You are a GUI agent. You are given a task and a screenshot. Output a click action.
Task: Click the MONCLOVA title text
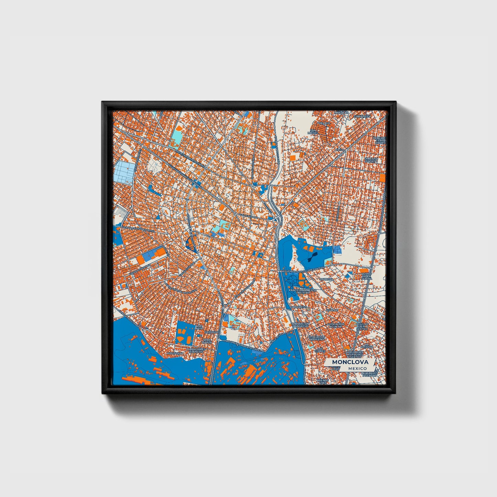(350, 362)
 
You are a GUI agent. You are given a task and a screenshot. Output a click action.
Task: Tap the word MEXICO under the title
(357, 368)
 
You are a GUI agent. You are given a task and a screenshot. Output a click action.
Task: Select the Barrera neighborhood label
(326, 279)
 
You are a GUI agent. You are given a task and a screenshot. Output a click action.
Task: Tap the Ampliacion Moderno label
(316, 338)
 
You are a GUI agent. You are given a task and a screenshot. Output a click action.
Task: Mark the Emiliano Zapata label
(371, 160)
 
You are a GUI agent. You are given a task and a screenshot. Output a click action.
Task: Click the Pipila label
(340, 150)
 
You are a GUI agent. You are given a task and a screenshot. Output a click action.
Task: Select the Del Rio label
(324, 123)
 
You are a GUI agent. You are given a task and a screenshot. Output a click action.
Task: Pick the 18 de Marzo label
(207, 341)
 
